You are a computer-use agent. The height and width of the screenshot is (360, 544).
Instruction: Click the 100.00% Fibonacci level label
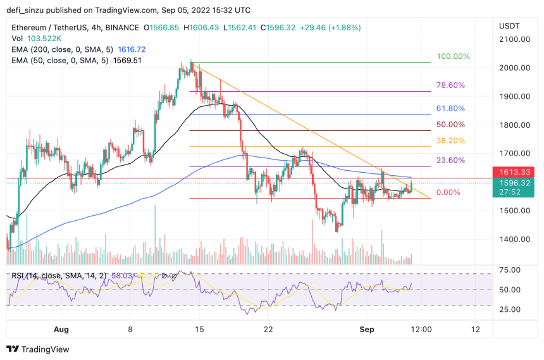pos(453,56)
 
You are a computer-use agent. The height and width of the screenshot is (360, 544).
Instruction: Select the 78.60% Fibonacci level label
pos(450,85)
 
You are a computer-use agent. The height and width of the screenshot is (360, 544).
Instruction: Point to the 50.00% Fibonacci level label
pos(450,125)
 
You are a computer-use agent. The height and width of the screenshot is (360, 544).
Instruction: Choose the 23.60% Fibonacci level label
pos(450,160)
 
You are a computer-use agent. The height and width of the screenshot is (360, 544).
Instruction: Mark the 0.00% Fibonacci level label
pos(448,192)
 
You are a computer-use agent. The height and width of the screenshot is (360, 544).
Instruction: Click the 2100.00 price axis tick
pos(514,39)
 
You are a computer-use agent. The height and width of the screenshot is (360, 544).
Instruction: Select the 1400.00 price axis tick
pos(514,239)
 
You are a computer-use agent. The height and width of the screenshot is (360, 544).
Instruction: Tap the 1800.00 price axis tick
pos(514,125)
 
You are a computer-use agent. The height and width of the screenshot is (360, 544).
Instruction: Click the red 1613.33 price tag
pos(513,171)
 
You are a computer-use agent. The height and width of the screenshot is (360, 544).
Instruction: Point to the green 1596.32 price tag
pos(513,182)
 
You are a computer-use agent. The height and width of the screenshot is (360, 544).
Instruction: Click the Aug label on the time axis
pos(61,330)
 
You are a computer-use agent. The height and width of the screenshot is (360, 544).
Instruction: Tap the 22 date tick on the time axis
pos(268,330)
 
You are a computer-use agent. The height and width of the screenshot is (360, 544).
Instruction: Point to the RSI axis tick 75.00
pos(510,270)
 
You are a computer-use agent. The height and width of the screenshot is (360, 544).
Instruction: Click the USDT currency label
pos(509,26)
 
